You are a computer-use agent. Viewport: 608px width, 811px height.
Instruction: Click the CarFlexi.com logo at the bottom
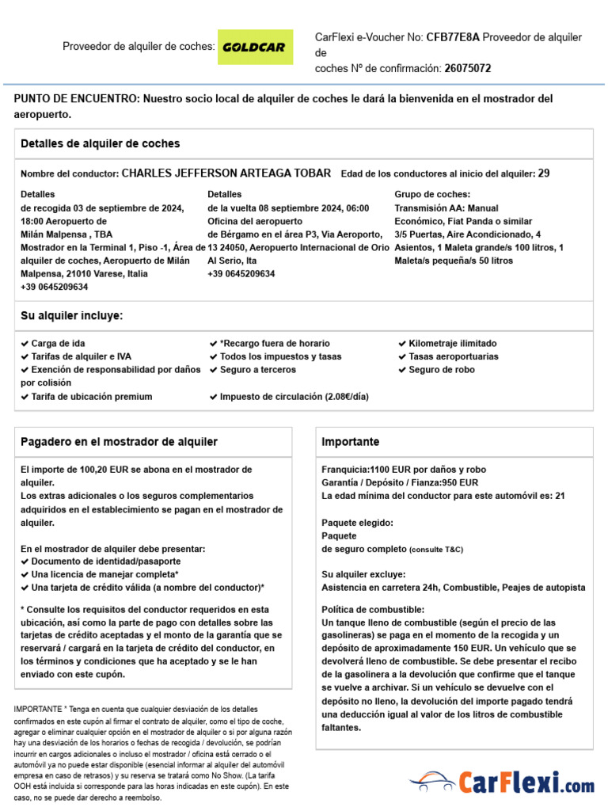click(502, 783)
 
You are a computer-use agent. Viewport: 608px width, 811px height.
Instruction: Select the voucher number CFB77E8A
click(453, 37)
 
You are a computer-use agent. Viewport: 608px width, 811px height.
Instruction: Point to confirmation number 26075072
click(467, 69)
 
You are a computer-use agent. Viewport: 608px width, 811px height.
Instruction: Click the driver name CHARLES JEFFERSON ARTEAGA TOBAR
click(226, 173)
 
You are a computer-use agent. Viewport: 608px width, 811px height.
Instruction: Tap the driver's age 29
click(544, 173)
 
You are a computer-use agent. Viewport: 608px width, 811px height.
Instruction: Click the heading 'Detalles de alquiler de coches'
click(101, 144)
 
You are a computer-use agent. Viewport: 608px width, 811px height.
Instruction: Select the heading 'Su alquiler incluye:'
click(72, 316)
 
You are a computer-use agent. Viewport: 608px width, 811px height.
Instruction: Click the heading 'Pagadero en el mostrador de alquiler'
click(119, 442)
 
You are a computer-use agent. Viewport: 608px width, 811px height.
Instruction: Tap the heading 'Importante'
click(351, 442)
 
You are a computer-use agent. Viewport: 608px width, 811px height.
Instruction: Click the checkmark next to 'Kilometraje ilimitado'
click(402, 344)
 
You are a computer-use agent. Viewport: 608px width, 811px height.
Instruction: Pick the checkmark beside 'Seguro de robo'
click(402, 370)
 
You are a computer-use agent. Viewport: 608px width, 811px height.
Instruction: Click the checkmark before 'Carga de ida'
click(25, 344)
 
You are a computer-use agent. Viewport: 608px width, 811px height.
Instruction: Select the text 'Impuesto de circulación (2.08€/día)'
click(294, 397)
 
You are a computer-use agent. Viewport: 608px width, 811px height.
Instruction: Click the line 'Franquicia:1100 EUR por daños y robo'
click(404, 470)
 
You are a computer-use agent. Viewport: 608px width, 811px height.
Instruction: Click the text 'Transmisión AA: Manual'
click(446, 208)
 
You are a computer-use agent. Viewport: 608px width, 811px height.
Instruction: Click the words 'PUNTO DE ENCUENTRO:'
click(77, 99)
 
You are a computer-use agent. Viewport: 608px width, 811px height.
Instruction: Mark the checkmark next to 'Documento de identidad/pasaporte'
click(25, 562)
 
